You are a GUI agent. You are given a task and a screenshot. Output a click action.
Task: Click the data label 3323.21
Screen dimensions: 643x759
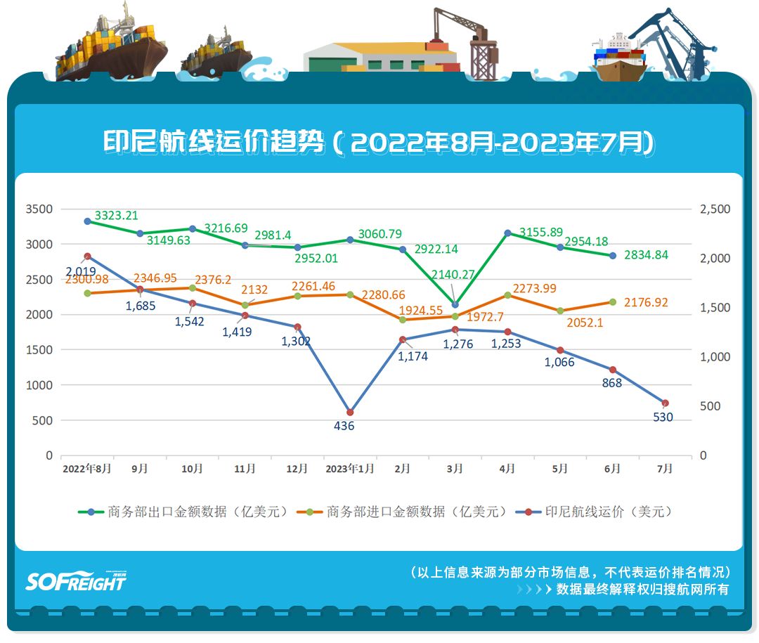point(116,216)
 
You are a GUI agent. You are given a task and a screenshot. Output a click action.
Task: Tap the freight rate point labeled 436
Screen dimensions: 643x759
point(350,413)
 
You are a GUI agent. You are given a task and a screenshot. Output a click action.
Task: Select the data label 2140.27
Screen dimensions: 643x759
point(454,275)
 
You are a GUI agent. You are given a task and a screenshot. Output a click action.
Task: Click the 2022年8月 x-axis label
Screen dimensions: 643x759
point(86,469)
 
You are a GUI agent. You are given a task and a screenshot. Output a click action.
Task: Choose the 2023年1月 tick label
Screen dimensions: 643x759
point(349,469)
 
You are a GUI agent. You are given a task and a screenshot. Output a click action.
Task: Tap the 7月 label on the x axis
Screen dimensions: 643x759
point(664,469)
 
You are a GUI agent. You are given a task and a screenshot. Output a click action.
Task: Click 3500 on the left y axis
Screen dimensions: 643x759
point(39,209)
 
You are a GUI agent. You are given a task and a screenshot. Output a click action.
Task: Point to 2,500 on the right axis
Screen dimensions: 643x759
point(715,209)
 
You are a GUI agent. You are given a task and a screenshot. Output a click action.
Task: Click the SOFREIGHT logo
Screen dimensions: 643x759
point(76,580)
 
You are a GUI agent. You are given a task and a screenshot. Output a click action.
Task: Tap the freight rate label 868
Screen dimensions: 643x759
point(611,383)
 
